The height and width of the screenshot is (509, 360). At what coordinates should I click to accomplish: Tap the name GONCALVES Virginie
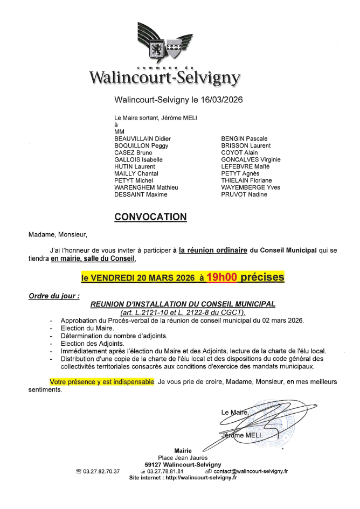251,159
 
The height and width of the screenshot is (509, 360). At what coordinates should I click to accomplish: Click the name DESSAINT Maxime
141,194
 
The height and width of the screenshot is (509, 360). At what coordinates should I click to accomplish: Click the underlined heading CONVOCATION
150,217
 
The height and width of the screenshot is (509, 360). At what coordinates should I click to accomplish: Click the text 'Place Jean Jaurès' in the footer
183,457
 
